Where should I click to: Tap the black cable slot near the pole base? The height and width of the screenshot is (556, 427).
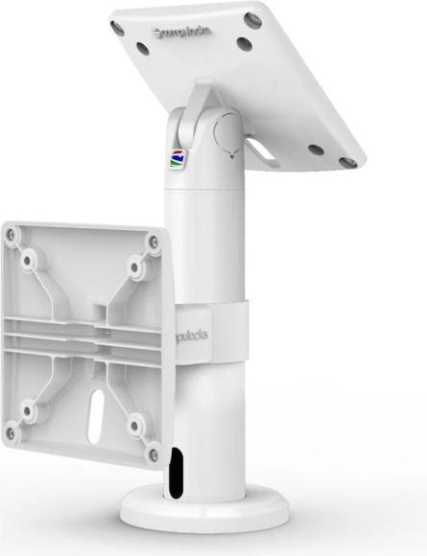click(x=174, y=473)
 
